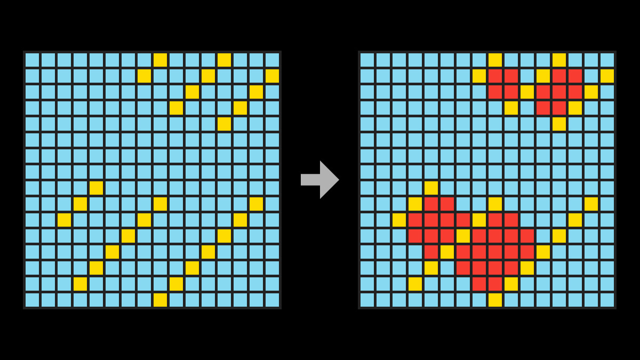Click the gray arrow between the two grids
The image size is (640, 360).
[320, 180]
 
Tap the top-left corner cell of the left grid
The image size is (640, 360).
[32, 60]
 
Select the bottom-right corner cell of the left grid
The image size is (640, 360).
[272, 300]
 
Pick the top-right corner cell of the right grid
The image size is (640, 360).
[607, 60]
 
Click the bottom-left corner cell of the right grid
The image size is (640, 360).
[367, 300]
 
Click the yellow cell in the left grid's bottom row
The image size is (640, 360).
[160, 300]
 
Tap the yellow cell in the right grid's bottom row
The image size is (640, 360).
[495, 300]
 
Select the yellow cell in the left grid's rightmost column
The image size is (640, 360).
[272, 76]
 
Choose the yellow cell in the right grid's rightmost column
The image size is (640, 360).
[607, 76]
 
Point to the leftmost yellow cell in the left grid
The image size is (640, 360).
[64, 220]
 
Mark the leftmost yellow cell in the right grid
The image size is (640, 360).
[399, 220]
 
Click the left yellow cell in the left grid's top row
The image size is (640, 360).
[160, 60]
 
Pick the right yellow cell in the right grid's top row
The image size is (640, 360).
[559, 60]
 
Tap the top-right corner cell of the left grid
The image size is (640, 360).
[272, 60]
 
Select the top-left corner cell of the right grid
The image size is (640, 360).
[367, 60]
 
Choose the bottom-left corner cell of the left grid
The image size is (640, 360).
[32, 300]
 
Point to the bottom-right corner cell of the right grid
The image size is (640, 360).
[607, 300]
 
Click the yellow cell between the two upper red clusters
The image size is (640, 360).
[527, 92]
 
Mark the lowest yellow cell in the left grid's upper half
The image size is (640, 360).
[224, 124]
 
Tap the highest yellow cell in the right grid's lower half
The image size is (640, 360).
[431, 188]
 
